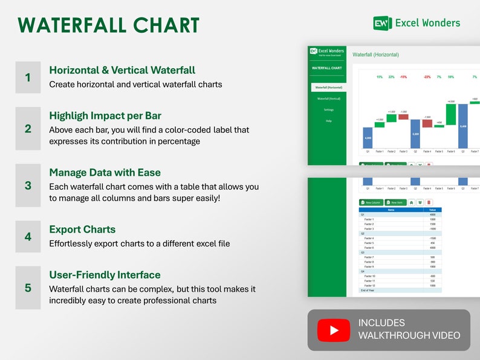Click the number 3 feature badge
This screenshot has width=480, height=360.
pyautogui.click(x=28, y=185)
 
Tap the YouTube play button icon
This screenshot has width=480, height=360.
pyautogui.click(x=334, y=330)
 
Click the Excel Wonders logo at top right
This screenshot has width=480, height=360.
pyautogui.click(x=417, y=24)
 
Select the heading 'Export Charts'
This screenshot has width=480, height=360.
pyautogui.click(x=82, y=230)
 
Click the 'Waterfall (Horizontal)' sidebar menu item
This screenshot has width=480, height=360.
pyautogui.click(x=329, y=88)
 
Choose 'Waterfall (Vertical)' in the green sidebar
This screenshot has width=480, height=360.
pyautogui.click(x=329, y=98)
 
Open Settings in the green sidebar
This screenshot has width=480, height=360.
pyautogui.click(x=329, y=110)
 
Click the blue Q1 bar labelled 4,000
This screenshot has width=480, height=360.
pyautogui.click(x=368, y=138)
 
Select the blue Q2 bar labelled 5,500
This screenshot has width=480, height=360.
pyautogui.click(x=415, y=134)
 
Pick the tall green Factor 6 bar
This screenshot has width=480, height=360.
pyautogui.click(x=451, y=114)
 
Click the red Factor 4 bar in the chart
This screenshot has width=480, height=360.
pyautogui.click(x=427, y=123)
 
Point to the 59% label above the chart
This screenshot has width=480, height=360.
pyautogui.click(x=451, y=77)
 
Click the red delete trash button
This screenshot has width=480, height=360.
pyautogui.click(x=429, y=202)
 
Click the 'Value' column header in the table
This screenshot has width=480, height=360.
pyautogui.click(x=432, y=210)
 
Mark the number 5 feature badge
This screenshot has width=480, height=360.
pyautogui.click(x=28, y=288)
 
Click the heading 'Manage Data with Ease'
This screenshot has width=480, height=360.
pyautogui.click(x=105, y=173)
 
